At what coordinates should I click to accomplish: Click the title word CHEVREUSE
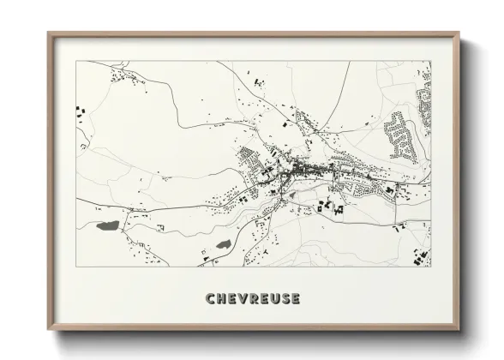point(252,298)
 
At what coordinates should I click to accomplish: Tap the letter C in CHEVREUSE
point(211,298)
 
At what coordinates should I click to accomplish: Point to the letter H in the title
point(221,298)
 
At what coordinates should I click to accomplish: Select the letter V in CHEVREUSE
point(243,298)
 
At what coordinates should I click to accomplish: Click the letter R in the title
point(253,298)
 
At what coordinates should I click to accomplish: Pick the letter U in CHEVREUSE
point(273,298)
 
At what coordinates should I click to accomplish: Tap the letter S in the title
point(284,298)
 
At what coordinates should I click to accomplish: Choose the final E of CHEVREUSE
point(294,298)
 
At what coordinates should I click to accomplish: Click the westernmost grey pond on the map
point(108,227)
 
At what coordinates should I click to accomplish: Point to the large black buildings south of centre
point(330,206)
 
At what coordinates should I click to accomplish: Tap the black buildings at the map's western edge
point(81,111)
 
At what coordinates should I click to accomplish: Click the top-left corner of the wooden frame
point(49,33)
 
